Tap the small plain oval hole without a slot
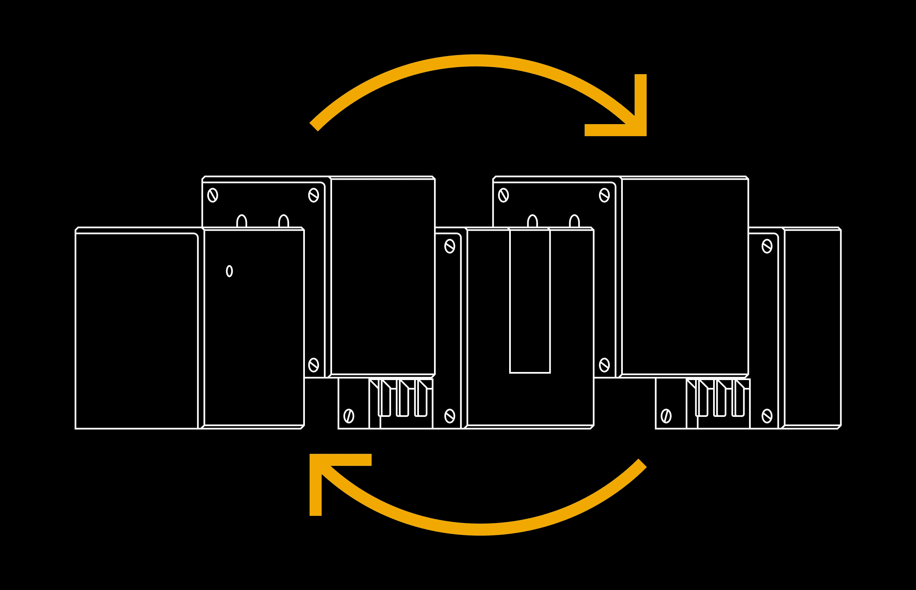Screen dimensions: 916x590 click(x=229, y=271)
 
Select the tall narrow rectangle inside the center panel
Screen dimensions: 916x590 click(x=530, y=301)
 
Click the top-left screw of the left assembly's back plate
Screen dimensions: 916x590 click(x=213, y=195)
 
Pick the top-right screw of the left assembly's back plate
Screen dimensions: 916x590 click(x=314, y=195)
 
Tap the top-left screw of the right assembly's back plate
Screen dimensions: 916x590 click(x=503, y=195)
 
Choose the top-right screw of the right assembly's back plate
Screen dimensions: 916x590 click(x=604, y=195)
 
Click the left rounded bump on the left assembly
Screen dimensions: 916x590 click(x=242, y=221)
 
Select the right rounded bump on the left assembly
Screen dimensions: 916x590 click(x=283, y=221)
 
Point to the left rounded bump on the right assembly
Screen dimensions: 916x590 click(x=533, y=221)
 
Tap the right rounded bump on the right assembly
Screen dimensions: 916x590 click(x=574, y=221)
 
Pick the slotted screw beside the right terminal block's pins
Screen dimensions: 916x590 click(x=666, y=416)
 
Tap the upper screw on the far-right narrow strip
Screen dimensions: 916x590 click(x=767, y=246)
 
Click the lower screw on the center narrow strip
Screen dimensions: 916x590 click(x=450, y=416)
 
